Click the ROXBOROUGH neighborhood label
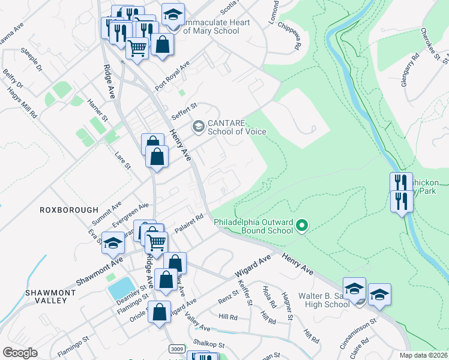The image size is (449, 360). [68, 210]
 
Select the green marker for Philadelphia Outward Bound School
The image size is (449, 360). [303, 226]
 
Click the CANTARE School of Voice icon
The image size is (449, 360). [197, 127]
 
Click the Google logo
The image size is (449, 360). [20, 353]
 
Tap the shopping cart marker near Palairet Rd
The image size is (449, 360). [156, 243]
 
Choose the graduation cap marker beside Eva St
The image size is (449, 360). [113, 243]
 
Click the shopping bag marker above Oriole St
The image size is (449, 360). [160, 313]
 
